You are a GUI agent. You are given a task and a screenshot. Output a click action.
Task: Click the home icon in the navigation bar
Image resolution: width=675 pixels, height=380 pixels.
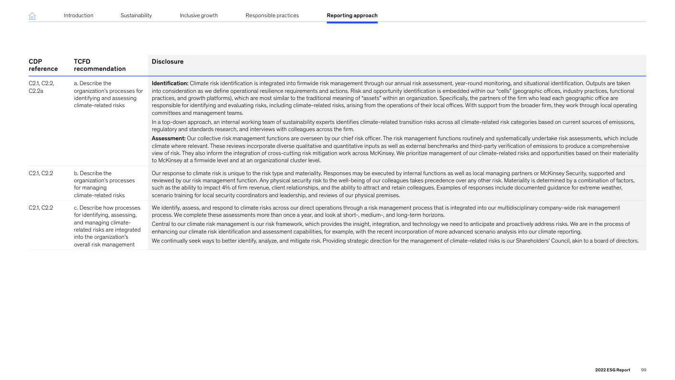coord(33,16)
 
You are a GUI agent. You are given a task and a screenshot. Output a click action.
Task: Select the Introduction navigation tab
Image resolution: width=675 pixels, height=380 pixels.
coord(79,15)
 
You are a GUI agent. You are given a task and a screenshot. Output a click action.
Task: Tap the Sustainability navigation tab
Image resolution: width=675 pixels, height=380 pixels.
coord(136,15)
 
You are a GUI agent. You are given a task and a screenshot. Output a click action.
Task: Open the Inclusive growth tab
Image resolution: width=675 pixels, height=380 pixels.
coord(199,15)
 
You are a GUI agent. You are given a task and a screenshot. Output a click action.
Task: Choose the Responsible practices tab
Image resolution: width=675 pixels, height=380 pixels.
coord(272,15)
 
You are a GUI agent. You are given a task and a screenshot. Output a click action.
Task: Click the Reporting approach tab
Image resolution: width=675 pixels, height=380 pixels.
coord(352,15)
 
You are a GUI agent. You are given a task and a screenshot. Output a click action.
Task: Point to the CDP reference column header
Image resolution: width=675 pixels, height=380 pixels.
coord(43,65)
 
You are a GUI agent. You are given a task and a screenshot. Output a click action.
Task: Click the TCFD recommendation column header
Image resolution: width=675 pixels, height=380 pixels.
coord(100,65)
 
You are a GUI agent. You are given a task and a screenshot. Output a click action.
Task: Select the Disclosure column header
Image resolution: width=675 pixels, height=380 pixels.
coord(168,62)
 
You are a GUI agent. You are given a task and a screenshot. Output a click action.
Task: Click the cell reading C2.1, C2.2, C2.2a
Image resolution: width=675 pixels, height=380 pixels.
coord(42,87)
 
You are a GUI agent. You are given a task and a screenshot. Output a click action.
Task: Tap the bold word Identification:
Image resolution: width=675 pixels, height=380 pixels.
coord(170,83)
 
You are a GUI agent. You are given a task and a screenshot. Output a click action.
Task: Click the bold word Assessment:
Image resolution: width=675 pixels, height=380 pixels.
coord(169,138)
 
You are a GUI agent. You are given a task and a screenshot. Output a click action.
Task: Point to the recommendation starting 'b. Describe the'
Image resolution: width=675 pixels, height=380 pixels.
coord(104,184)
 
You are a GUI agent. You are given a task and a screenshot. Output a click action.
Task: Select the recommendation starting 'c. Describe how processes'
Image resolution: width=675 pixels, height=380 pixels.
coord(107,226)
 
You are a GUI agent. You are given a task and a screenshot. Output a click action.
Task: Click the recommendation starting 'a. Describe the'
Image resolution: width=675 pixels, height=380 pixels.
coord(108,94)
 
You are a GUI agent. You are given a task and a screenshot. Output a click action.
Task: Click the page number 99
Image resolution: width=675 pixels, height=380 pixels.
coord(643,370)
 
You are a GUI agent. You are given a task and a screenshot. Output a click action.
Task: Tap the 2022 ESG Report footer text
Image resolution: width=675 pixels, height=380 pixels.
coord(612,370)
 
